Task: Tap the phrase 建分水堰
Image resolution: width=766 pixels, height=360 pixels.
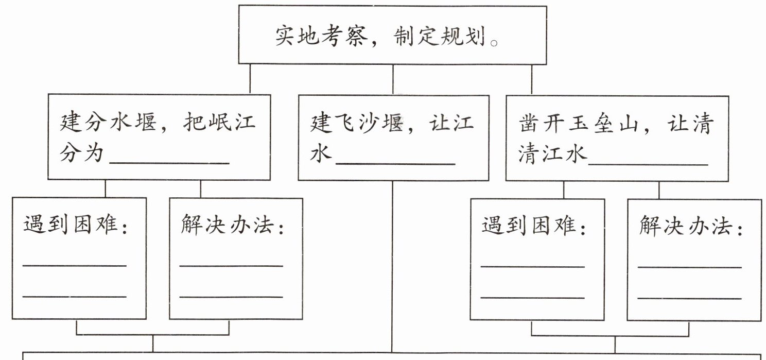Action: [108, 123]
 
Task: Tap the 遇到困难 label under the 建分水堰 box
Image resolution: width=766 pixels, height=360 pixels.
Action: [74, 225]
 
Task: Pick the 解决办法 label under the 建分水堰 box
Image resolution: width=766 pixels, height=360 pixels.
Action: [232, 225]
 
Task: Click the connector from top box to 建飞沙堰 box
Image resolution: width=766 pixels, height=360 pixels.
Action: [393, 79]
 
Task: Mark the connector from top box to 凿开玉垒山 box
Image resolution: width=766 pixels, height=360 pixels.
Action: [532, 79]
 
